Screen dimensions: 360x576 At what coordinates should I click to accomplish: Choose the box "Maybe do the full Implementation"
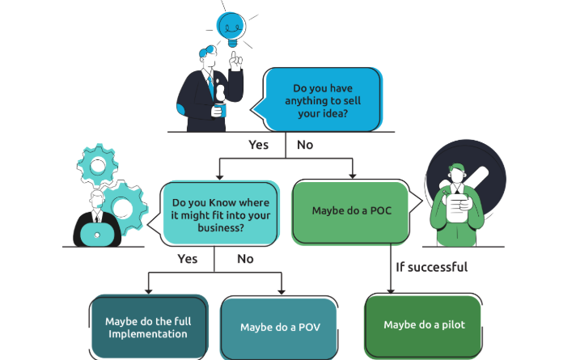[146, 327]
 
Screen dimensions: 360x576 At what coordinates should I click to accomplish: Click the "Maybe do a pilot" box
[424, 324]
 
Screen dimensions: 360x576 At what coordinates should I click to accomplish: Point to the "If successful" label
[431, 266]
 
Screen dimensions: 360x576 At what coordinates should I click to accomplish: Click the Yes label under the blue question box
[257, 145]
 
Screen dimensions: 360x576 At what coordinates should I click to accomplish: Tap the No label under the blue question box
[305, 145]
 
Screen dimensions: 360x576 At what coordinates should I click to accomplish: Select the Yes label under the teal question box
[188, 259]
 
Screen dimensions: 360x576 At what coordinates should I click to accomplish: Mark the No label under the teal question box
[245, 259]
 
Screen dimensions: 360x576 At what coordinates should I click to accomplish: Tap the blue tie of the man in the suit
[211, 87]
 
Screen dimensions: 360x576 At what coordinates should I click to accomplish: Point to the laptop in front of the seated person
[97, 234]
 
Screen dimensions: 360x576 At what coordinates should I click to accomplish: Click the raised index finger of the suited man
[233, 58]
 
